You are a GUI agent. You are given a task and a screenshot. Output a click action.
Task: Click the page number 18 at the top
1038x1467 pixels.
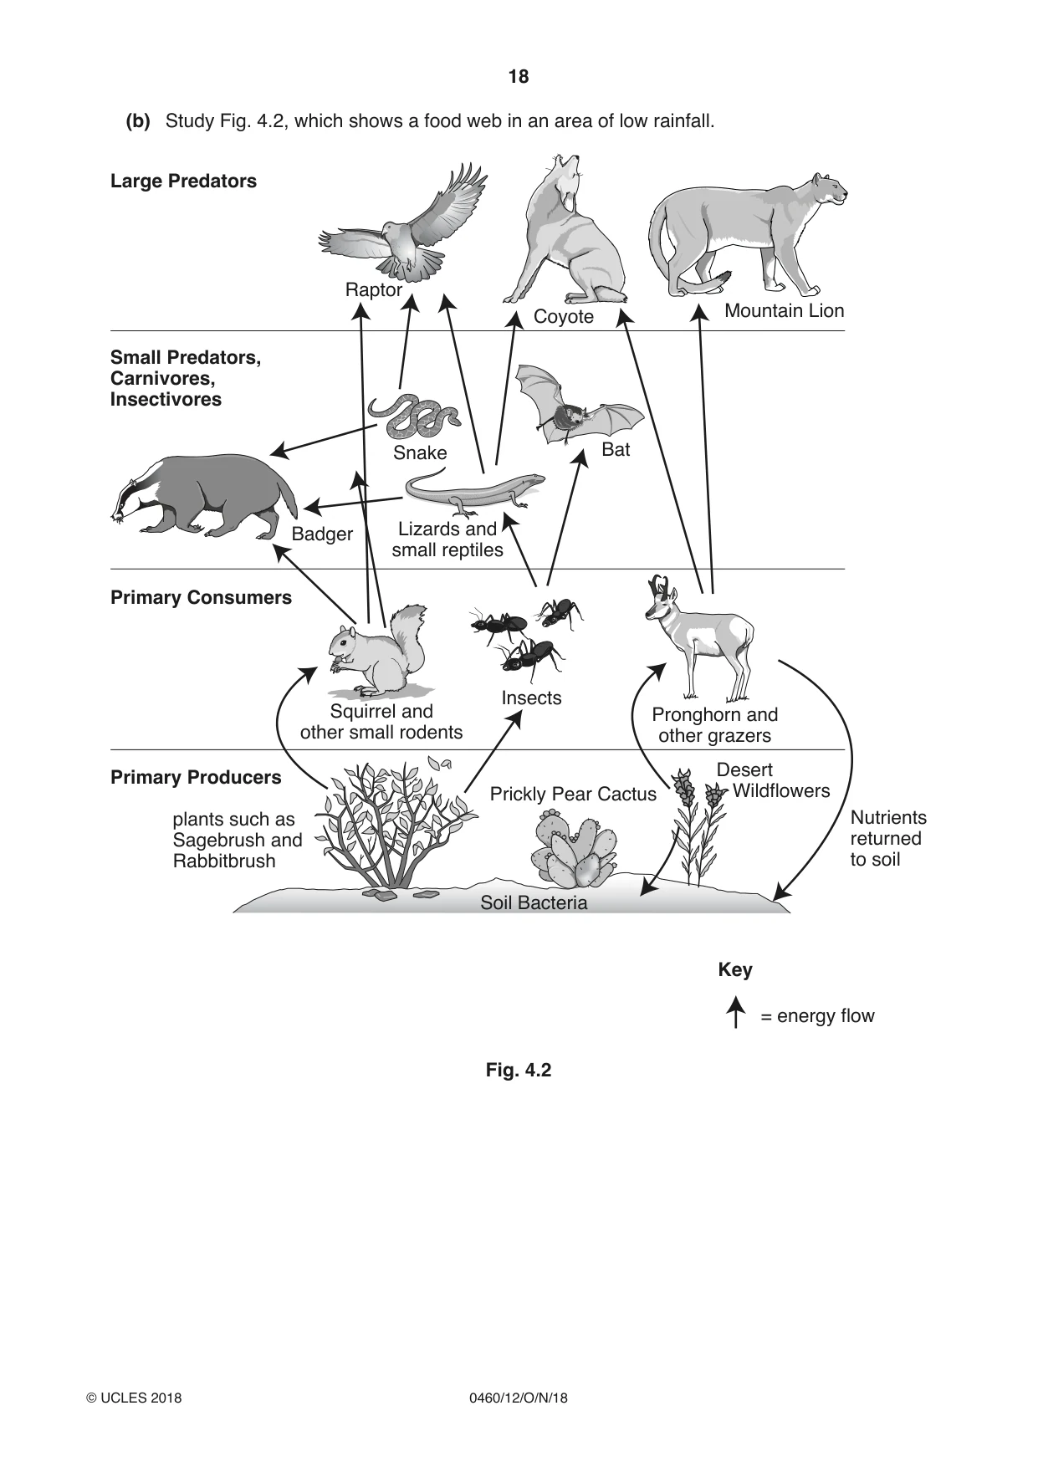point(519,77)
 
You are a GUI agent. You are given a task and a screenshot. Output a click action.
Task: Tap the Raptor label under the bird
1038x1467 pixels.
point(374,289)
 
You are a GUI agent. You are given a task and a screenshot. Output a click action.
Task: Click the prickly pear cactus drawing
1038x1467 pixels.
point(575,849)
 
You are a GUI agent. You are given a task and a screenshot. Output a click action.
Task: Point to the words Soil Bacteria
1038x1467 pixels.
point(534,903)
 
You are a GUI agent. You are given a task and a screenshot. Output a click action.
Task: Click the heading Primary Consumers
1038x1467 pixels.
point(201,597)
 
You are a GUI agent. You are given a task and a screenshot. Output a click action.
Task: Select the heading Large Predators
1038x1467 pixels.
point(183,181)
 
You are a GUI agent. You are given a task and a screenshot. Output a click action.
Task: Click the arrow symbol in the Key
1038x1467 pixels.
point(735,1012)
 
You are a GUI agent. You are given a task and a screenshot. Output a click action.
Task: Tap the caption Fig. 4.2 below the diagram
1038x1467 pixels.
point(519,1071)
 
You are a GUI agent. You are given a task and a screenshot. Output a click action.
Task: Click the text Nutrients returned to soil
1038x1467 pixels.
point(888,839)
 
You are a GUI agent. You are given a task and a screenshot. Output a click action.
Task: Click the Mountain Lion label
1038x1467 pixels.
point(785,311)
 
